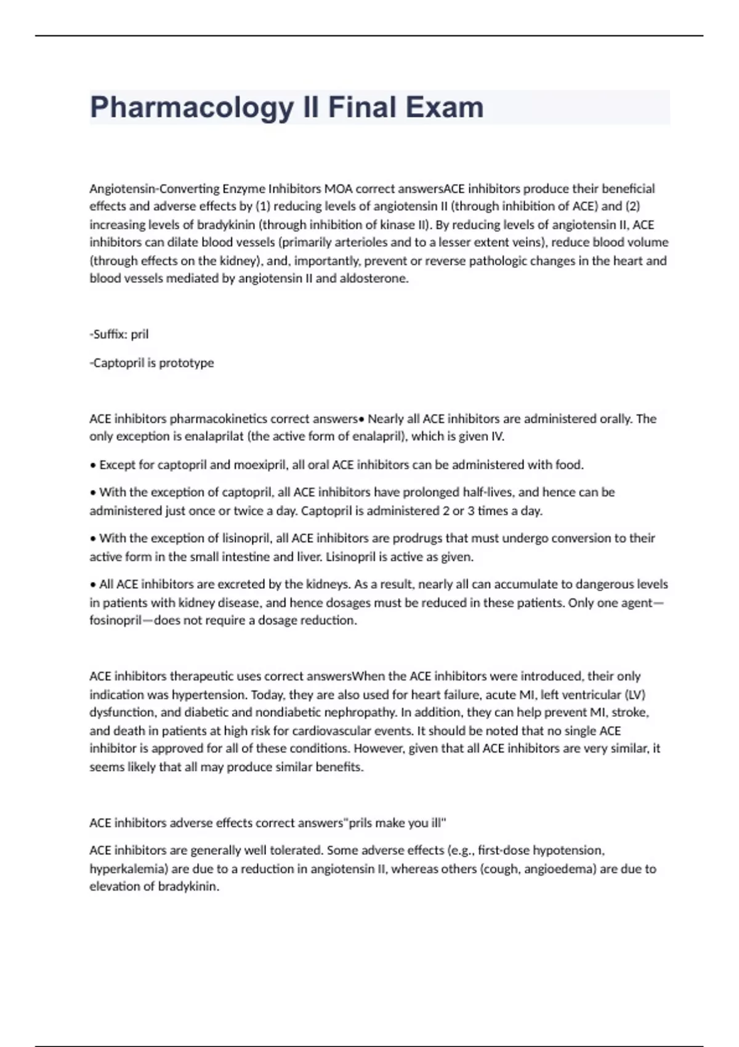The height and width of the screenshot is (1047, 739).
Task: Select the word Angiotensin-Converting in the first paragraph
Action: tap(155, 188)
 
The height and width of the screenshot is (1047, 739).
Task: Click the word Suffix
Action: tap(108, 334)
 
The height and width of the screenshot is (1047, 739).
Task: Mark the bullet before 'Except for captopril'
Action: tap(93, 466)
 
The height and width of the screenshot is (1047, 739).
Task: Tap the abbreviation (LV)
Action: tap(635, 695)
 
